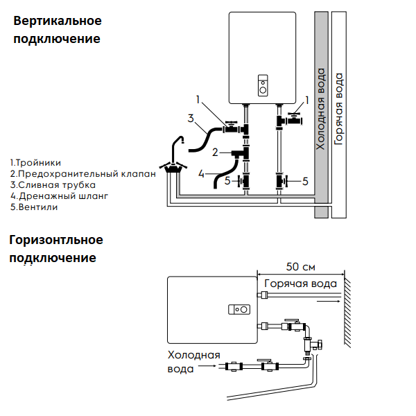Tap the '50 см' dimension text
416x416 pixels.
[300, 267]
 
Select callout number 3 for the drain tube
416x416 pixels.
[190, 118]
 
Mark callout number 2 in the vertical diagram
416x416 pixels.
[216, 152]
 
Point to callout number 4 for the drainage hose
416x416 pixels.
[202, 173]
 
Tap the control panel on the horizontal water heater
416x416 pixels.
[241, 309]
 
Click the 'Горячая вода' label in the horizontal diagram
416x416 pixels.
[301, 284]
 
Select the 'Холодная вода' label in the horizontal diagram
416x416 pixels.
[193, 362]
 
